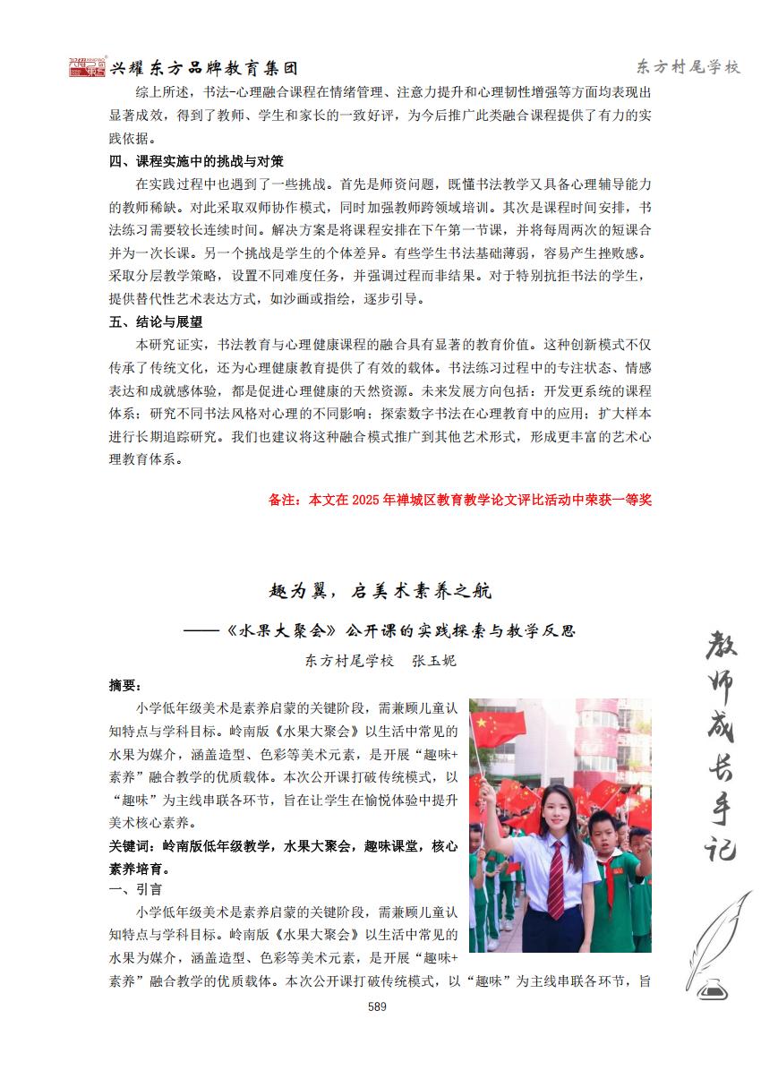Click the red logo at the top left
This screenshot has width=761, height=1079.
tap(87, 67)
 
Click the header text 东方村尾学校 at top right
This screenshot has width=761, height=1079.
tap(688, 67)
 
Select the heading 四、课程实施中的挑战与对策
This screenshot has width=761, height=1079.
tap(196, 161)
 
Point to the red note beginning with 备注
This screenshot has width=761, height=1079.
tap(459, 500)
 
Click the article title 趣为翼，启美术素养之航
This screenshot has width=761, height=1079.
tap(380, 591)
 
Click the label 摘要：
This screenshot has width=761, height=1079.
tap(125, 686)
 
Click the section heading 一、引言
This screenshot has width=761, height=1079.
tap(135, 889)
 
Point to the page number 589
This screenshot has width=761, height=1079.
tap(377, 1006)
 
